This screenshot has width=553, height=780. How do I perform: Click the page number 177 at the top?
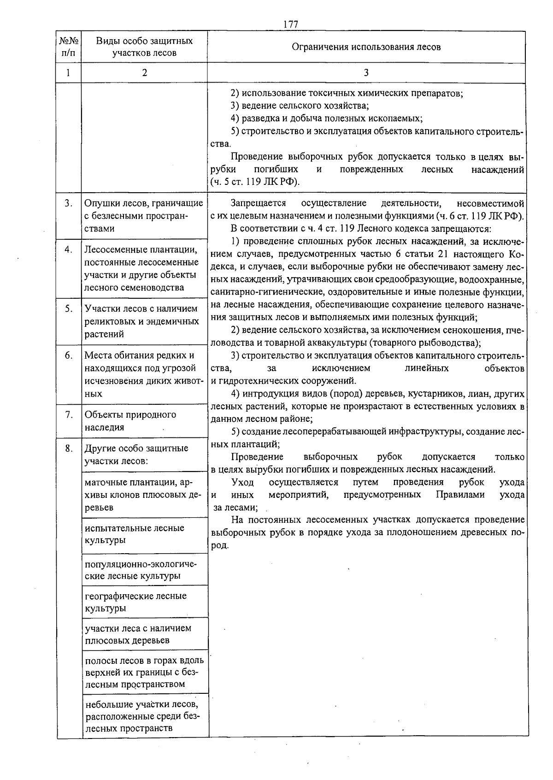291,24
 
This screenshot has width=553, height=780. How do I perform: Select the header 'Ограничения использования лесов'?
366,47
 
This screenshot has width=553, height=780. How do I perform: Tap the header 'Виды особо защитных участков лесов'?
144,47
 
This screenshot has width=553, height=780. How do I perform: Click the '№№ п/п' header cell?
69,47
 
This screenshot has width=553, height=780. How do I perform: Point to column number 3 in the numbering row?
366,73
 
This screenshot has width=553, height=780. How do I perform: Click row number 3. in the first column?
69,203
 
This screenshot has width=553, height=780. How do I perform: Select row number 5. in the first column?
69,309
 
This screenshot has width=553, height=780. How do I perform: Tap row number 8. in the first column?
69,449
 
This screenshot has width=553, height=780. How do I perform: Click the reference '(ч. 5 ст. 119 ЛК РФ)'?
255,182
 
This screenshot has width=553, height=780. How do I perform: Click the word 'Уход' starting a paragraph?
242,482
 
